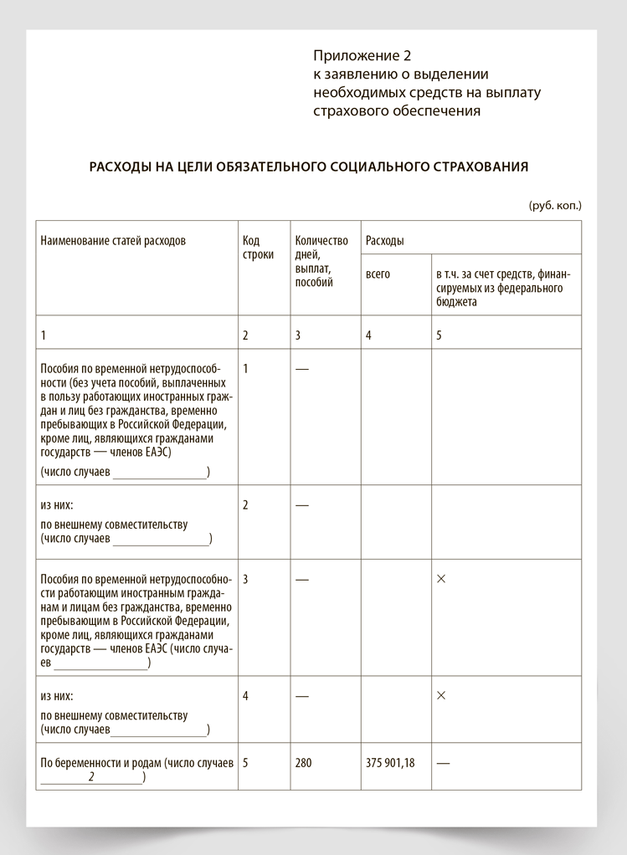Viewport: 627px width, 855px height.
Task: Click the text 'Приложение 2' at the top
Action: pos(363,56)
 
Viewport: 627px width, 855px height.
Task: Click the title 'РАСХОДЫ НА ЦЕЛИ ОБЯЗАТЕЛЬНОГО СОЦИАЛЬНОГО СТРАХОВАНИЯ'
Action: pos(309,166)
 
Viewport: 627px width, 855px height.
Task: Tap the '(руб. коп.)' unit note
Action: pos(554,205)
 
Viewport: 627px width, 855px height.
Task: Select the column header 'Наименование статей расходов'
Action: pos(113,241)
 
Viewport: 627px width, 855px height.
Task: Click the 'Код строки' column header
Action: pos(258,248)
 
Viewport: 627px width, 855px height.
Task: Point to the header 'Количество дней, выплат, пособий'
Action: pos(321,261)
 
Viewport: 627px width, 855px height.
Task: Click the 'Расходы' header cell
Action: pos(385,241)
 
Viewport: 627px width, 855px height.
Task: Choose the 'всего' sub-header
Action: pos(378,274)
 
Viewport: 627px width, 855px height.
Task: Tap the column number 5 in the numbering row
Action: pos(439,335)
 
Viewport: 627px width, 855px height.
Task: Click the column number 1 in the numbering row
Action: pos(44,335)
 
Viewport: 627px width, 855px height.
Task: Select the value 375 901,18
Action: pos(390,763)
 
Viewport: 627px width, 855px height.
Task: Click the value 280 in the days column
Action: pos(303,763)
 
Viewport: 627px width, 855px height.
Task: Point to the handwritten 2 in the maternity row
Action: pos(91,777)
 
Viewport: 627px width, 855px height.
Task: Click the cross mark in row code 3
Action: pos(441,579)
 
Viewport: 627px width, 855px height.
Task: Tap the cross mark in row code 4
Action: pos(441,696)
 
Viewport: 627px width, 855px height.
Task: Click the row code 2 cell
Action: pos(245,505)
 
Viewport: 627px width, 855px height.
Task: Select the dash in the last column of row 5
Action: pos(443,763)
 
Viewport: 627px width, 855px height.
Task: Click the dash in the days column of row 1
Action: pos(302,369)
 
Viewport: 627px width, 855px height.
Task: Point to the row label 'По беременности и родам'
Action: pos(100,763)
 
